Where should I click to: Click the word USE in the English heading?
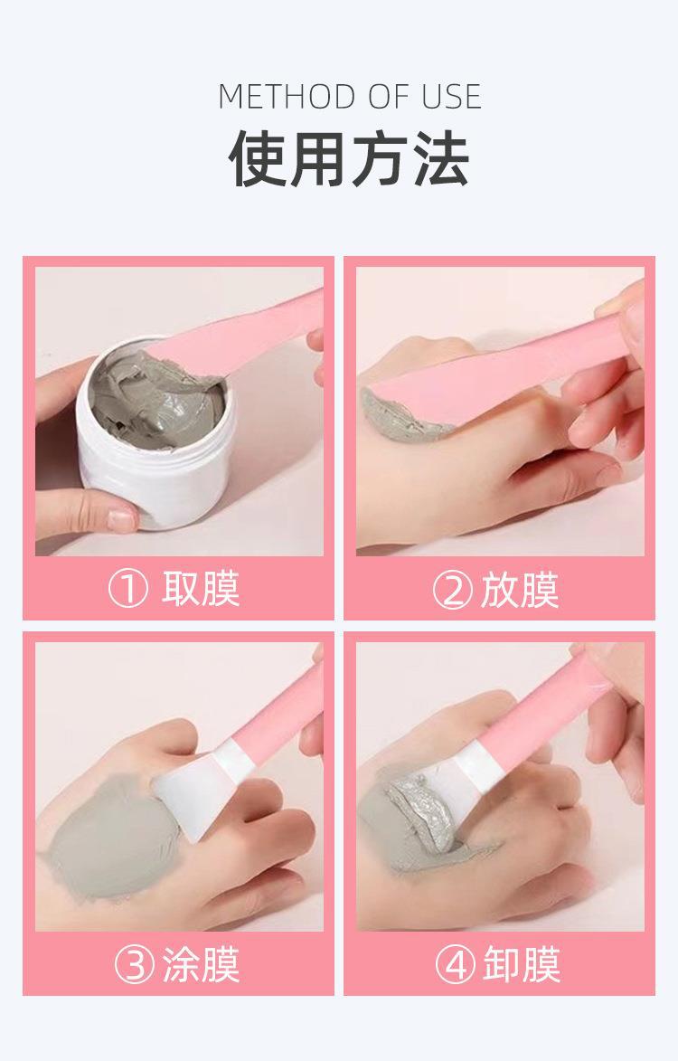(x=450, y=97)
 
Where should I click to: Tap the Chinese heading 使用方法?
(x=349, y=157)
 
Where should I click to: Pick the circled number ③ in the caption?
(x=135, y=965)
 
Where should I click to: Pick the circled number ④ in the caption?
(x=455, y=965)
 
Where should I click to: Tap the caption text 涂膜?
(x=202, y=965)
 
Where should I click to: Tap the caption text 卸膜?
(x=521, y=965)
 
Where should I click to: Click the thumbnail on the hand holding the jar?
(x=120, y=519)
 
